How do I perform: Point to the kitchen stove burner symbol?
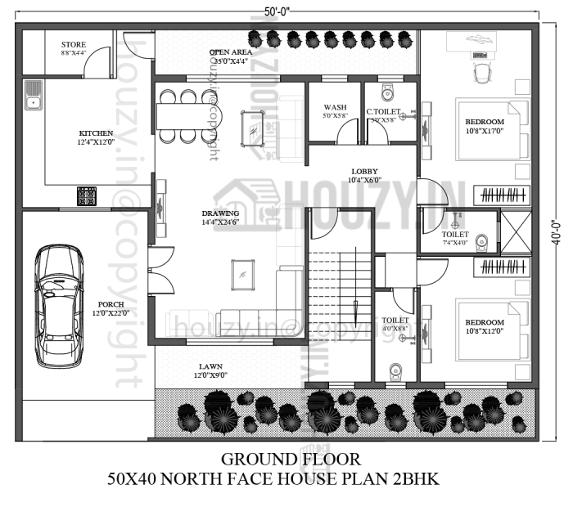point(87,196)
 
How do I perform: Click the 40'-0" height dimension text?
point(557,232)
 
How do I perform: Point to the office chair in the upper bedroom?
point(482,72)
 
